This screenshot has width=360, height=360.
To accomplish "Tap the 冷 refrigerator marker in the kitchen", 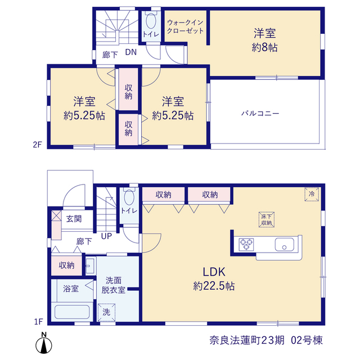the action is point(312,194).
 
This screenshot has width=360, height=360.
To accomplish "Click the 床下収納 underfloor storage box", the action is point(267,219).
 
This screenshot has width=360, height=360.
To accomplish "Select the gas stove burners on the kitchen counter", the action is point(246,244).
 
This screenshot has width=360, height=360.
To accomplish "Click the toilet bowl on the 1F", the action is point(129,197).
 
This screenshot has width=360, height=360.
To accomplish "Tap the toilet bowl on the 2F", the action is point(151,21).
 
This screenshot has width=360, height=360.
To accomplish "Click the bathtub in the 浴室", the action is point(72,312).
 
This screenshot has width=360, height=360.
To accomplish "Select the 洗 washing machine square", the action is point(106,312).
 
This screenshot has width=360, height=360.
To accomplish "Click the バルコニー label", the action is point(260,114).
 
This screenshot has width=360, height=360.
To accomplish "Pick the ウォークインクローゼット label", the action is point(185,26).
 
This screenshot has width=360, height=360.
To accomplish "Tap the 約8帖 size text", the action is point(264,48).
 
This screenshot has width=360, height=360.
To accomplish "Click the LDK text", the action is point(214,272).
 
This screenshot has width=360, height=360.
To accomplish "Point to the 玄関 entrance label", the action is point(74,219).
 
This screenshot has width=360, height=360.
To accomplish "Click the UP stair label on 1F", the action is point(106,236).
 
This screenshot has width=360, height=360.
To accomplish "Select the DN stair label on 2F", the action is point(131,52).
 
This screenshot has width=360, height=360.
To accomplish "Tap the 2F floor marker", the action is point(38,145).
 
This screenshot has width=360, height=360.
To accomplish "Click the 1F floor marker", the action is point(39,322).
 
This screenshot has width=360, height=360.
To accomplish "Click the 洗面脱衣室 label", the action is point(113,285).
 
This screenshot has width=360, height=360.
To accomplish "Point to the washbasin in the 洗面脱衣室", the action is point(90,266).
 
